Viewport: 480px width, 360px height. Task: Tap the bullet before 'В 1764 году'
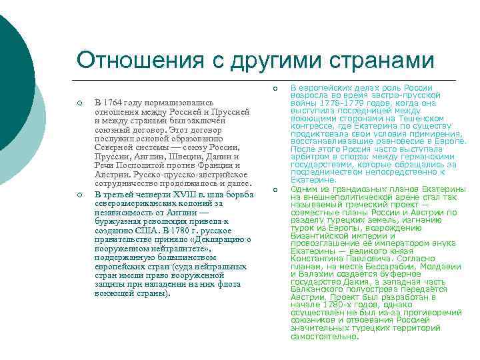(79, 103)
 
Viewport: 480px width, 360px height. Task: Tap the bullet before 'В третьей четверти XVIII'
(79, 194)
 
